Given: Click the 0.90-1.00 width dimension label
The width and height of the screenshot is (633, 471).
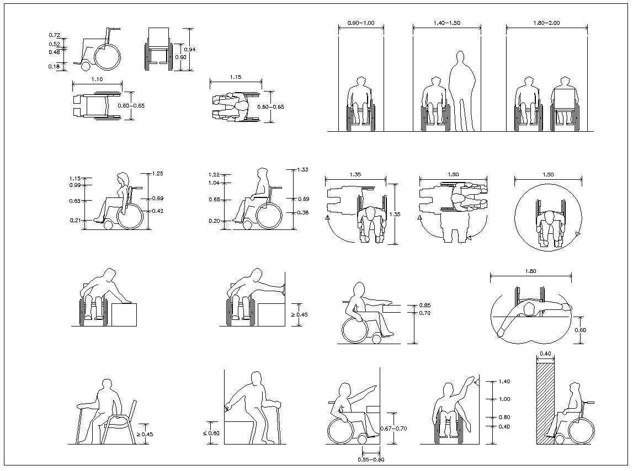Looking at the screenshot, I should click(x=361, y=23).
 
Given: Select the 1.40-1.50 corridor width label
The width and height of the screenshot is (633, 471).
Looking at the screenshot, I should click(x=447, y=23).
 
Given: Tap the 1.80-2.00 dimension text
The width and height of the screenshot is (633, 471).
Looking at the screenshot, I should click(x=546, y=23).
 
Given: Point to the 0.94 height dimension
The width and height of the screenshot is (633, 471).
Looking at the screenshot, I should click(x=190, y=50).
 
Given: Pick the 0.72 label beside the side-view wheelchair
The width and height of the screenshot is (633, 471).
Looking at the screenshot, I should click(x=54, y=35).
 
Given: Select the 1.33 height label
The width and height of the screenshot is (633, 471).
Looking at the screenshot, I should click(x=303, y=169).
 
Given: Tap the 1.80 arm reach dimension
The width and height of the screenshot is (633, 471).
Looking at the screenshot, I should click(x=530, y=271).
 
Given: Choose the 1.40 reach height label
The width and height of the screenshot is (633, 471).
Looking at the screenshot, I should click(x=504, y=381).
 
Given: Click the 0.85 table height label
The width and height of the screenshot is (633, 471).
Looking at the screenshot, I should click(x=424, y=305).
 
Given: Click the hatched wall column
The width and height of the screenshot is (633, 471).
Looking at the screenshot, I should click(x=545, y=403).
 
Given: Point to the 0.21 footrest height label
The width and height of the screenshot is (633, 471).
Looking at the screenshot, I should click(x=76, y=221).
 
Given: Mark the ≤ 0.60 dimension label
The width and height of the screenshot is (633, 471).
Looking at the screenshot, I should click(x=211, y=433).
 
